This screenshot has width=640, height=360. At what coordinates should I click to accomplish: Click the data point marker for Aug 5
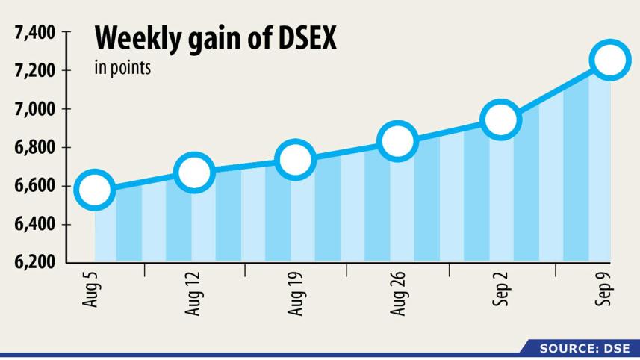[94, 190]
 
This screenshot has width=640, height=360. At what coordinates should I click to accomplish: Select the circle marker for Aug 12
[194, 173]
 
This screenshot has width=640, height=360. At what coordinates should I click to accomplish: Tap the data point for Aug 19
[295, 159]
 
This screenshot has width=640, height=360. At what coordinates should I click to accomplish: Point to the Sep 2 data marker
[500, 120]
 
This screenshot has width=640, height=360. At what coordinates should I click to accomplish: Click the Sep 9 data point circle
[609, 60]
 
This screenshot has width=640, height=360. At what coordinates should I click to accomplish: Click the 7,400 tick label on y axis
[35, 33]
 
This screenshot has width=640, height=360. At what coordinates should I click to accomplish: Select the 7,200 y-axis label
[35, 71]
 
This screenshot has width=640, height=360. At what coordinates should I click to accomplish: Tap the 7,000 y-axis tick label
[35, 109]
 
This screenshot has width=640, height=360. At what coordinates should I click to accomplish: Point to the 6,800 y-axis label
[35, 148]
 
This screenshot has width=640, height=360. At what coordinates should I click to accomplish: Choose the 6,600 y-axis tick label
[35, 186]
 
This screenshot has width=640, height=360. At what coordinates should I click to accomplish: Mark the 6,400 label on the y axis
[35, 224]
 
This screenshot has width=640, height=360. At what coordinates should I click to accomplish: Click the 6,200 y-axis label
[35, 262]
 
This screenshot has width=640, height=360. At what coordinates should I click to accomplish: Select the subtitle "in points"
[122, 69]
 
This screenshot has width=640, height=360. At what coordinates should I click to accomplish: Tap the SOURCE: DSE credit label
[585, 348]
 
